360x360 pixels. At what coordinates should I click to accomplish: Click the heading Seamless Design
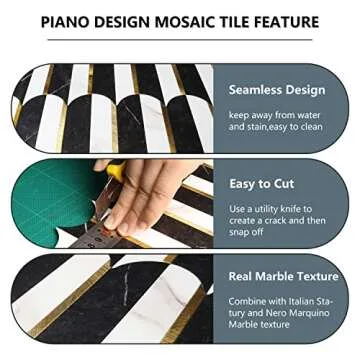[277, 90]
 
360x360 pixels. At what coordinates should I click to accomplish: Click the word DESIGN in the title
[119, 21]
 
